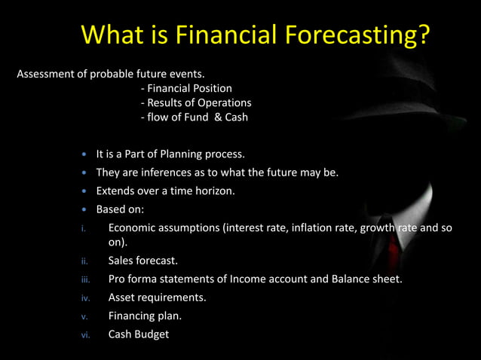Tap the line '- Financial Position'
(186, 88)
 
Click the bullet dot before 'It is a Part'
(85, 154)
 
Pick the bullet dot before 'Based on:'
(85, 209)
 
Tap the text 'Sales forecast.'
(143, 261)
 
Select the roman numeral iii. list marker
(85, 279)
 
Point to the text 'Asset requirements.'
(157, 297)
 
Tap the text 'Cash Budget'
(139, 334)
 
